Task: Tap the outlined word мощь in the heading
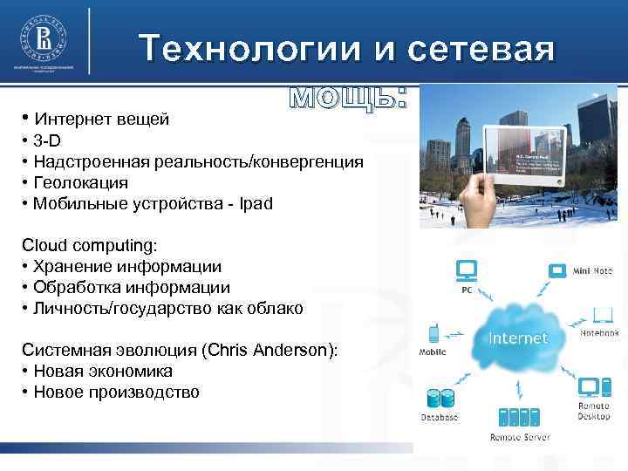pos(348,97)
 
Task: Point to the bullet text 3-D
pos(49,140)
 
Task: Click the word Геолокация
pos(81,183)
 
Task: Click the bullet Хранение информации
pos(127,266)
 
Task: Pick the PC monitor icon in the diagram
pos(468,270)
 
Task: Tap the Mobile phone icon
pos(433,332)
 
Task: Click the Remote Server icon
pos(518,417)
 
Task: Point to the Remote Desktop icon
pos(590,386)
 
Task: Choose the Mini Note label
pos(593,272)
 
